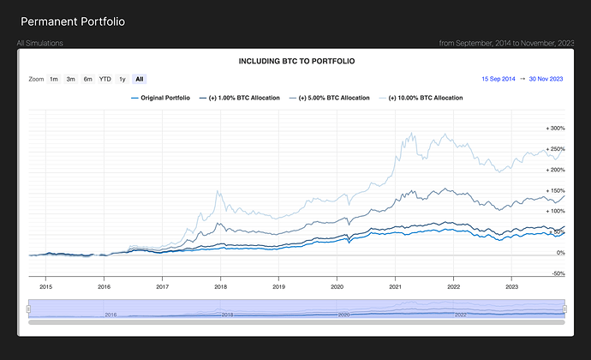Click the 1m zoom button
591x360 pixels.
pos(54,79)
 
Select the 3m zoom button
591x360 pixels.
pos(71,79)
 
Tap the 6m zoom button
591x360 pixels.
pos(87,79)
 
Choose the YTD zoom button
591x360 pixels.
pos(105,79)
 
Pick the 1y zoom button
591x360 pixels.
pos(122,79)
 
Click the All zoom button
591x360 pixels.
pos(139,79)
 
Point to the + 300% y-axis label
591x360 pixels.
pos(554,129)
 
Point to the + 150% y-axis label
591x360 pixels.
pos(554,190)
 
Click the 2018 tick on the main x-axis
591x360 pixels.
pos(220,287)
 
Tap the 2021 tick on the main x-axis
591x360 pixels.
pos(395,287)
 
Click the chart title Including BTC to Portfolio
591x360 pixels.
pos(295,62)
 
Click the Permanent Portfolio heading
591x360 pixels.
pos(73,21)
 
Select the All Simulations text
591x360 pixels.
pos(39,42)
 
